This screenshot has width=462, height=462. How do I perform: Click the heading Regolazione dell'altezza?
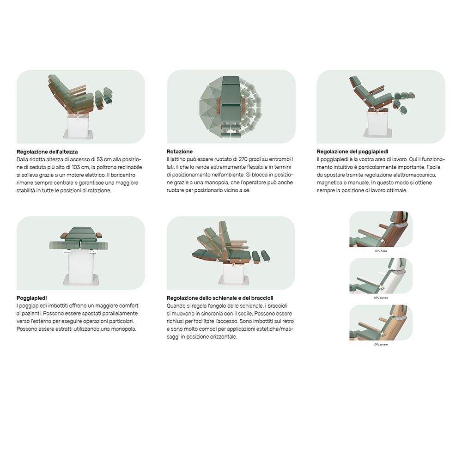coord(47,152)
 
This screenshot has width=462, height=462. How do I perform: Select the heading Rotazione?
coord(179,152)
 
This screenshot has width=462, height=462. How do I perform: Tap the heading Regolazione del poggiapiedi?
coord(353,152)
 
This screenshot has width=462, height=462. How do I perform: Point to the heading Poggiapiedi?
coord(31,298)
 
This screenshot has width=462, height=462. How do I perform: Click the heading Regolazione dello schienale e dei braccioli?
coord(220,298)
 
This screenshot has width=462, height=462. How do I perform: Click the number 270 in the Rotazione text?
coord(243,159)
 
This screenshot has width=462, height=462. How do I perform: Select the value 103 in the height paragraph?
coord(76,167)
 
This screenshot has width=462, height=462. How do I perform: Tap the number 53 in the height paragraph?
coord(100,159)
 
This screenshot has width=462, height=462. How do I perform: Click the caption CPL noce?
coord(381,251)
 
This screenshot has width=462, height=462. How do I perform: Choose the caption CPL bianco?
coord(381,298)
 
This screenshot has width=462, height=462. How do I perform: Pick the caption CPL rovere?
coord(381,345)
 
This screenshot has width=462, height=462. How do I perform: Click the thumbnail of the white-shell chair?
coord(381,276)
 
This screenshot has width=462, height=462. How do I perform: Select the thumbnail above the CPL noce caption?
coord(381,229)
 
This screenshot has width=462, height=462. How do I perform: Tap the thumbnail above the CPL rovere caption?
coord(381,322)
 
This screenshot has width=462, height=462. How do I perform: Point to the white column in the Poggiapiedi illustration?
coord(81,267)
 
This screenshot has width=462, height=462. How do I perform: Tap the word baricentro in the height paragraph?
coord(123,175)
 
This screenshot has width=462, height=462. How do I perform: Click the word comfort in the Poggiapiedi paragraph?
coord(128,305)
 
